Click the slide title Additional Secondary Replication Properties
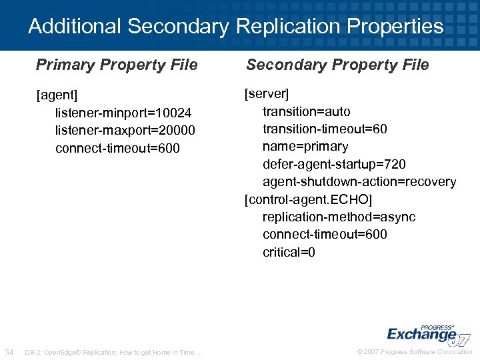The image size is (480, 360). [x=235, y=27]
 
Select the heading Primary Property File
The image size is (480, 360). [x=117, y=65]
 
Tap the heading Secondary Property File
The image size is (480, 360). [x=337, y=65]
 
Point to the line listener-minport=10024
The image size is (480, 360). [x=123, y=113]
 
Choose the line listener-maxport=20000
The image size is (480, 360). [x=125, y=130]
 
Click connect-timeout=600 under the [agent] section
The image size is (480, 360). [x=117, y=148]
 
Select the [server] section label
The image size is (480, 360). [x=267, y=93]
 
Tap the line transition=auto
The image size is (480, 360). [x=306, y=111]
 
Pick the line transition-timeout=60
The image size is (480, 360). [x=325, y=129]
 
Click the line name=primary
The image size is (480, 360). [x=305, y=146]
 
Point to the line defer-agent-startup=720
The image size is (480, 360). [x=334, y=164]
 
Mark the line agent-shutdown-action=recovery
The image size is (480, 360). [x=359, y=181]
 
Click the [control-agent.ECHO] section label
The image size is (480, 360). [x=309, y=199]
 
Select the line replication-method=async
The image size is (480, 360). [x=339, y=217]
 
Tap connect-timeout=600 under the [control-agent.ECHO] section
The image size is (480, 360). [x=325, y=235]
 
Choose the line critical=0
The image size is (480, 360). [x=289, y=252]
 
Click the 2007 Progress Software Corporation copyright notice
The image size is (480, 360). [x=415, y=352]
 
